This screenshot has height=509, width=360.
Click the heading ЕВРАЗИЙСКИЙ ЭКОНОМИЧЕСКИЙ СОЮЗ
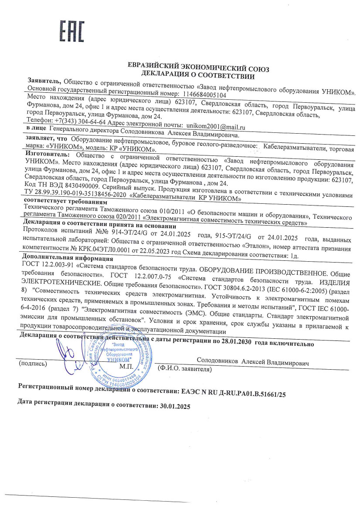point(198,68)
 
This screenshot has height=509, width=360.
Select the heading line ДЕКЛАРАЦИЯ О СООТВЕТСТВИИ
point(198,76)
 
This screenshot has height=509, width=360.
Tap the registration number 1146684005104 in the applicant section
point(204,94)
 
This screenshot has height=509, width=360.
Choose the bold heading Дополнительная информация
point(55,256)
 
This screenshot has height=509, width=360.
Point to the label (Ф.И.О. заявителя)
point(184,369)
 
